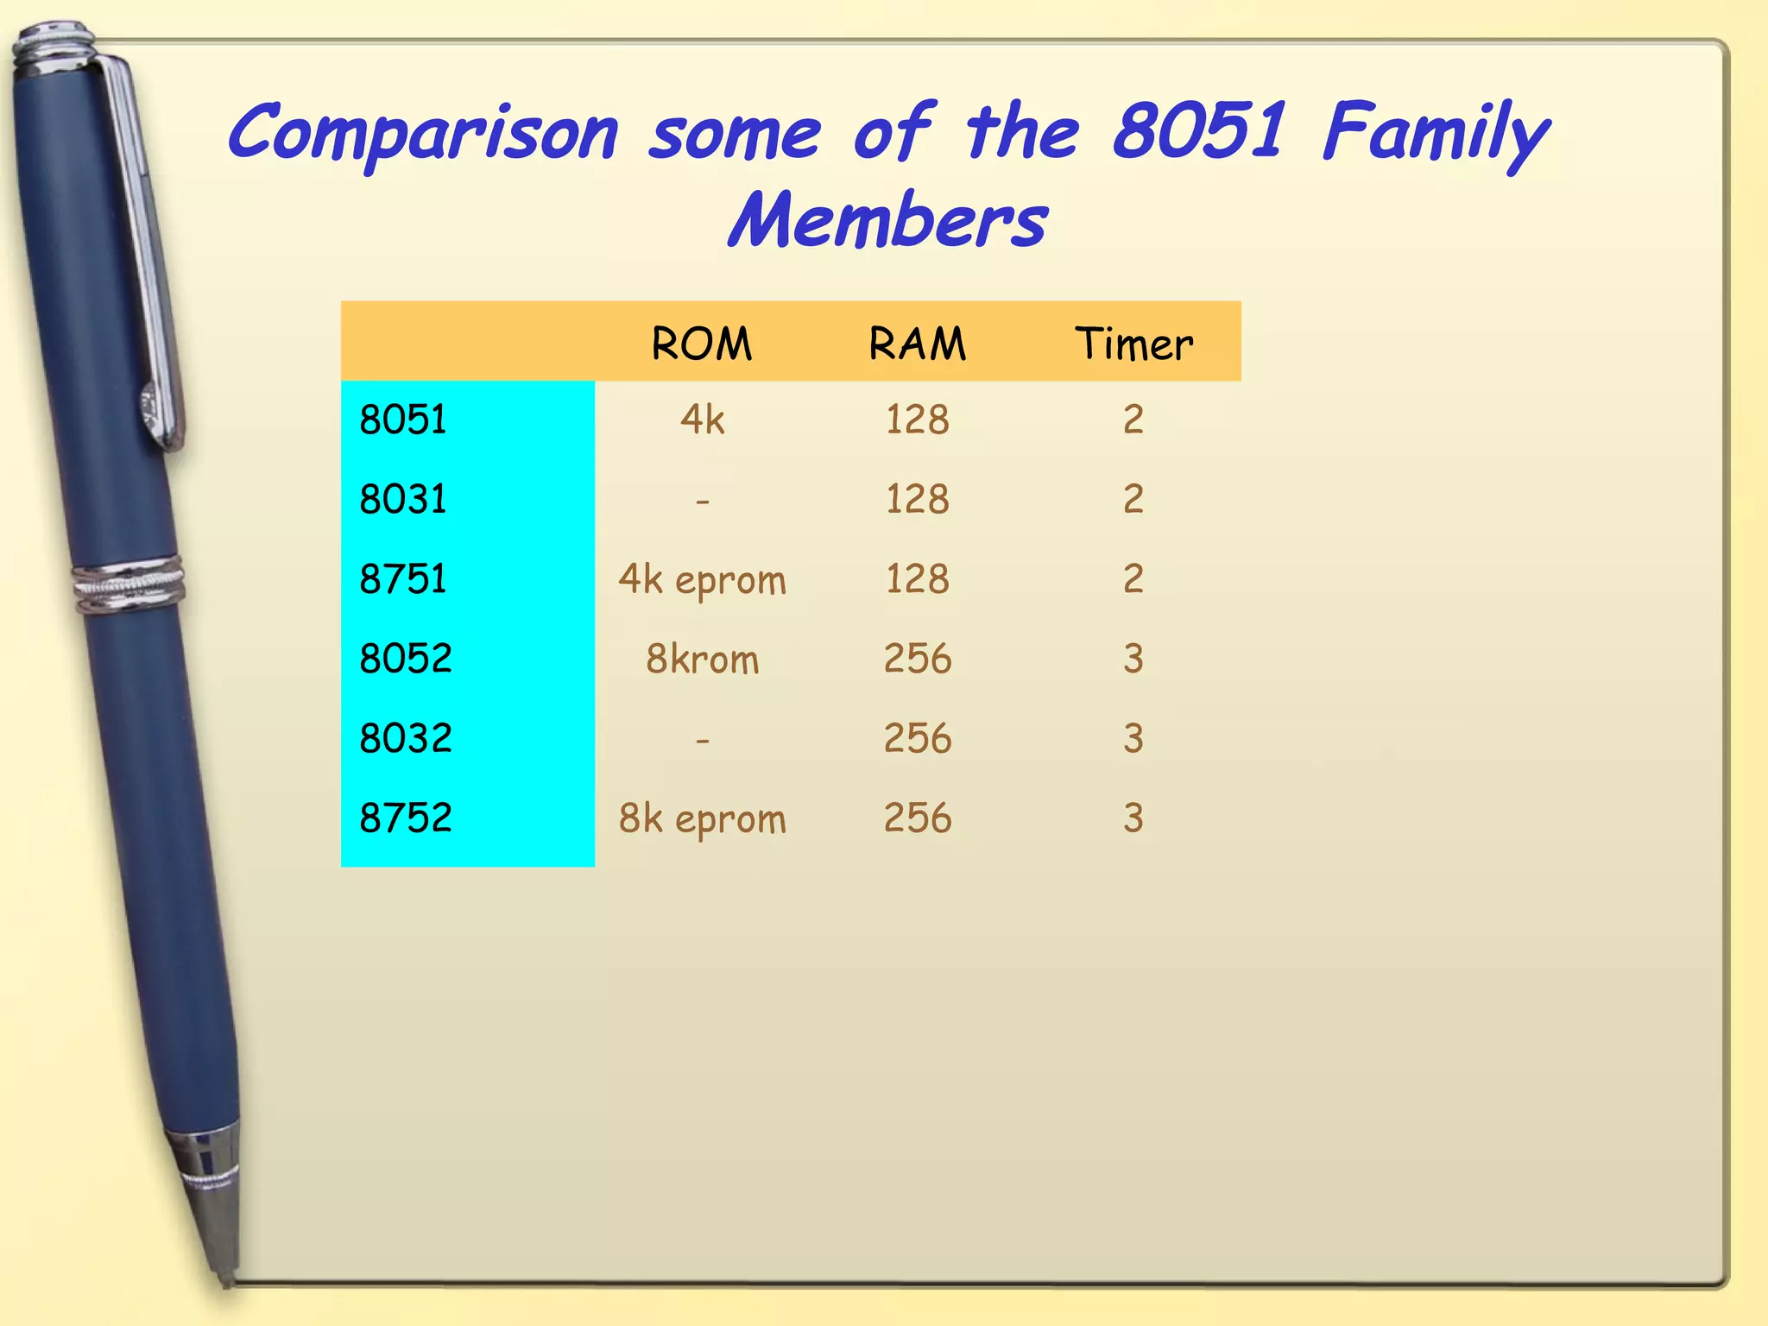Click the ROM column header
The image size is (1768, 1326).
pos(701,344)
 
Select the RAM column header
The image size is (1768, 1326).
pos(917,344)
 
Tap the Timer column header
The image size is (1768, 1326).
pos(1133,344)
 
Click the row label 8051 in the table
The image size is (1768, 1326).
pos(403,420)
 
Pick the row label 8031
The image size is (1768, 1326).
pos(403,499)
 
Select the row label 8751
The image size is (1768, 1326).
pos(403,578)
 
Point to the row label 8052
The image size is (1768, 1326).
pos(406,659)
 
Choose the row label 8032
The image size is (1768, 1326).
pos(406,738)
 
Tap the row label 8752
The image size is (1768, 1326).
pos(406,818)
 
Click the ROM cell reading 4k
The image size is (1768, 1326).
pos(702,420)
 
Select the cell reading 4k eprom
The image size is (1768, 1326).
pos(702,579)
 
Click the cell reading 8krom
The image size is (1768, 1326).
pos(702,660)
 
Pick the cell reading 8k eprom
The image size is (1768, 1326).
pos(702,818)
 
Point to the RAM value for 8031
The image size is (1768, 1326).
pos(917,499)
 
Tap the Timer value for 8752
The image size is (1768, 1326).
pos(1133,818)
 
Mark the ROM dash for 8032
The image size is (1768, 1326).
pos(702,740)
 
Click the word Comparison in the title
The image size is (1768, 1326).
pos(423,134)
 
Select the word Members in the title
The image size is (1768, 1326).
pos(887,221)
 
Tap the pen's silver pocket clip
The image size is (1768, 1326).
pos(147,259)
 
